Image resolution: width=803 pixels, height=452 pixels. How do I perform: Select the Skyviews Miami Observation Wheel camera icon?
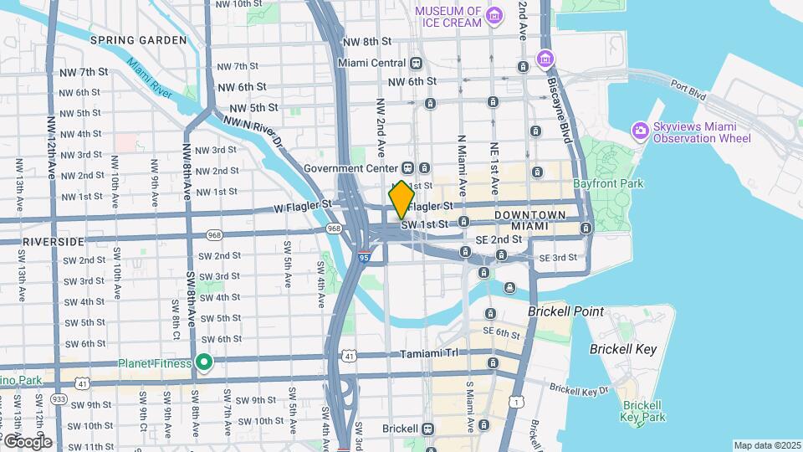pyautogui.click(x=640, y=130)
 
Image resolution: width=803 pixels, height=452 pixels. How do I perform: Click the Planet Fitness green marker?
pyautogui.click(x=203, y=362)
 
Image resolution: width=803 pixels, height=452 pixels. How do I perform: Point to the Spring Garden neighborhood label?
pyautogui.click(x=139, y=40)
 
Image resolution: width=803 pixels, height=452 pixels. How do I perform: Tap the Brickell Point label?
pyautogui.click(x=565, y=311)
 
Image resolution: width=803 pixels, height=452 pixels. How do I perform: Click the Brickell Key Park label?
pyautogui.click(x=643, y=411)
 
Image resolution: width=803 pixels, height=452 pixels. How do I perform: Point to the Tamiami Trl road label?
pyautogui.click(x=427, y=353)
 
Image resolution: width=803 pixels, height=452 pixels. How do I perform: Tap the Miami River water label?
pyautogui.click(x=151, y=78)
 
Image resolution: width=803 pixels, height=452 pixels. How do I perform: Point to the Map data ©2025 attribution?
pyautogui.click(x=765, y=445)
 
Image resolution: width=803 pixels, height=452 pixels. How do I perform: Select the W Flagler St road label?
pyautogui.click(x=303, y=203)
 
